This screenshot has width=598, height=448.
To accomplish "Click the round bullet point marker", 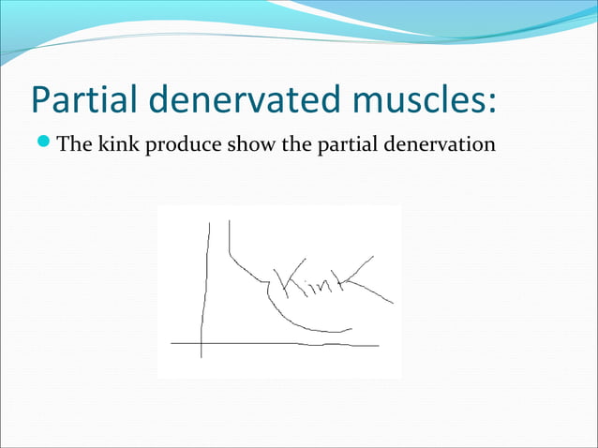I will click(46, 145).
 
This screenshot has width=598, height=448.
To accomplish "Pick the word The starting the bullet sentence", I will click(76, 145).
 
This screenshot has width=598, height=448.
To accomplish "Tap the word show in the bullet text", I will click(242, 145).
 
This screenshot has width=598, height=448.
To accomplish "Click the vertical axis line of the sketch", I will click(203, 281).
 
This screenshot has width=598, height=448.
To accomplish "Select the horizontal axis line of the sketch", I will click(281, 344).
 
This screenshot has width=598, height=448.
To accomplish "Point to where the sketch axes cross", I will click(202, 344).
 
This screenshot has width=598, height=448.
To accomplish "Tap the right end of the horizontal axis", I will click(378, 346).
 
